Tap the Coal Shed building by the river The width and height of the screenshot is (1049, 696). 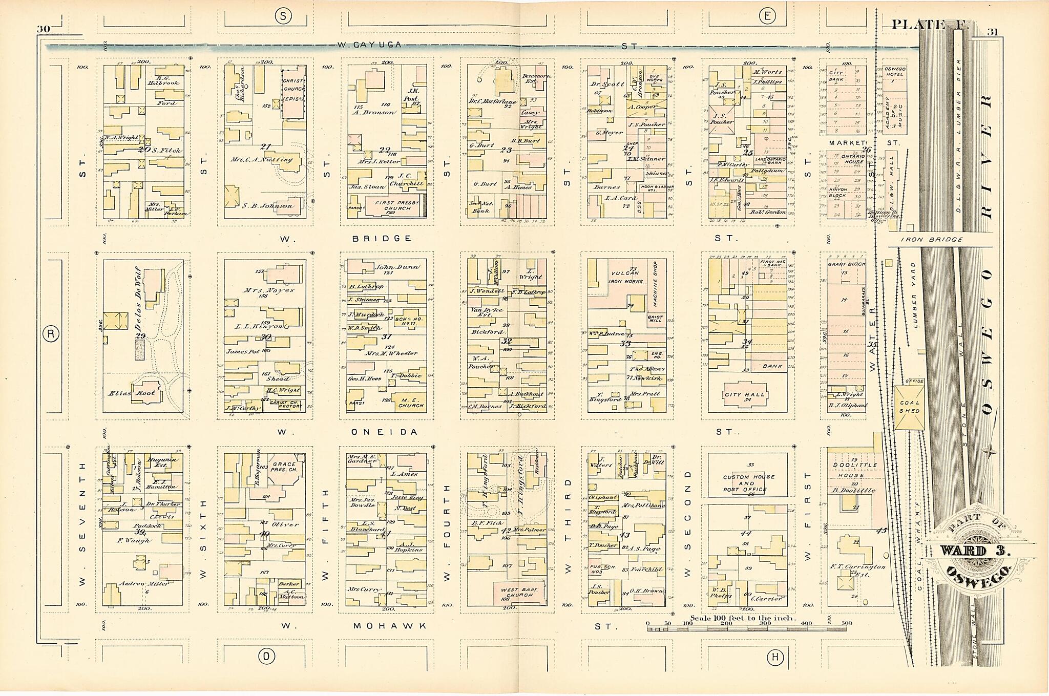pos(909,407)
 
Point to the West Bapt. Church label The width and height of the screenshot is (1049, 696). pos(519,593)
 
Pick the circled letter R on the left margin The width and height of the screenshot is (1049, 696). pos(50,334)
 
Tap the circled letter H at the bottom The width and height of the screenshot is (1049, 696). pos(775,657)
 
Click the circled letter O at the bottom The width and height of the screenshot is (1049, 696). pos(265,656)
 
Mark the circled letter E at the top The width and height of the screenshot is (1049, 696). pos(767,16)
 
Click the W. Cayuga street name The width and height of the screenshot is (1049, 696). pos(369,45)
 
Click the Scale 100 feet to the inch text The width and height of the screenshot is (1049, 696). pos(743,618)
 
